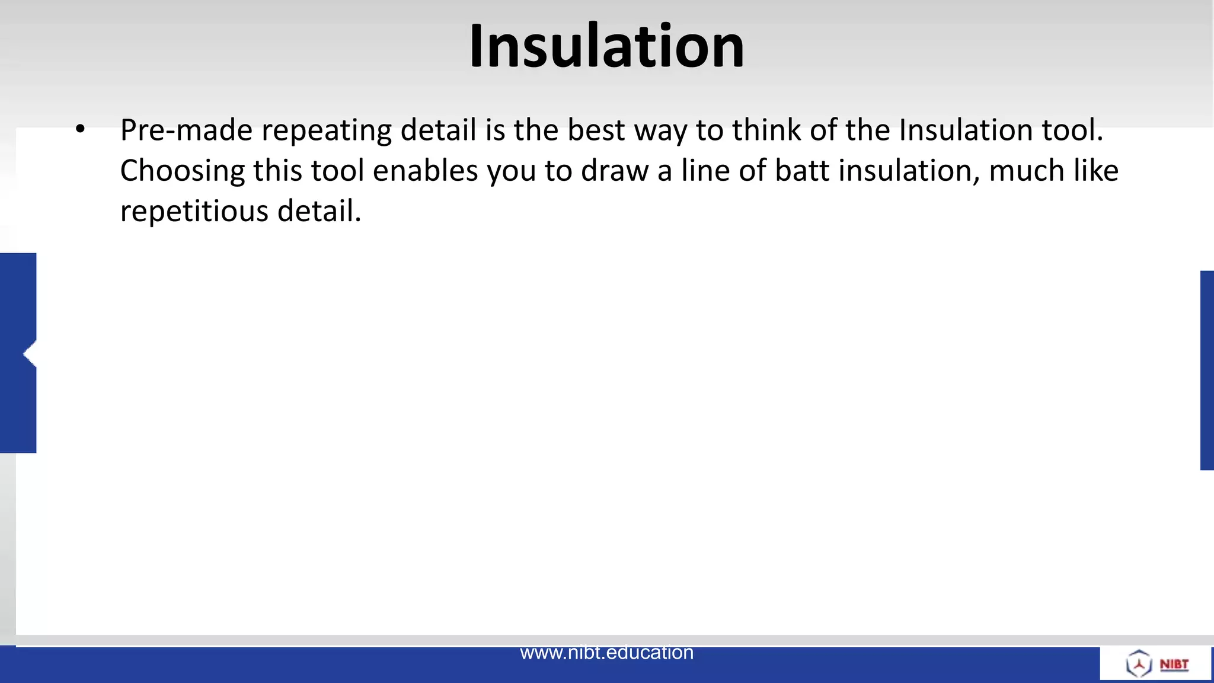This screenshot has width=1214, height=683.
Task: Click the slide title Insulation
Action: coord(606,46)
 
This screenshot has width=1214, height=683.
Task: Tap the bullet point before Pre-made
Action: coord(81,129)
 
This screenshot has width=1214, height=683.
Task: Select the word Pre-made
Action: coord(186,130)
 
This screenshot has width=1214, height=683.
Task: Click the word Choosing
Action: coord(183,171)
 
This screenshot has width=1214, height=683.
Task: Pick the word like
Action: coord(1096,171)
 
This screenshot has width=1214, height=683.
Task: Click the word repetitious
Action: coord(194,211)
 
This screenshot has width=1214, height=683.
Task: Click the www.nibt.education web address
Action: coord(606,653)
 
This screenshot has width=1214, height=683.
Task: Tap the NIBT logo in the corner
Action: coord(1157,663)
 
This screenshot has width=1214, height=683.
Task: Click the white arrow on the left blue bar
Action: coord(30,354)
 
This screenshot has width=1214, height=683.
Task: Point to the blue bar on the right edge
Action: coord(1207,370)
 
